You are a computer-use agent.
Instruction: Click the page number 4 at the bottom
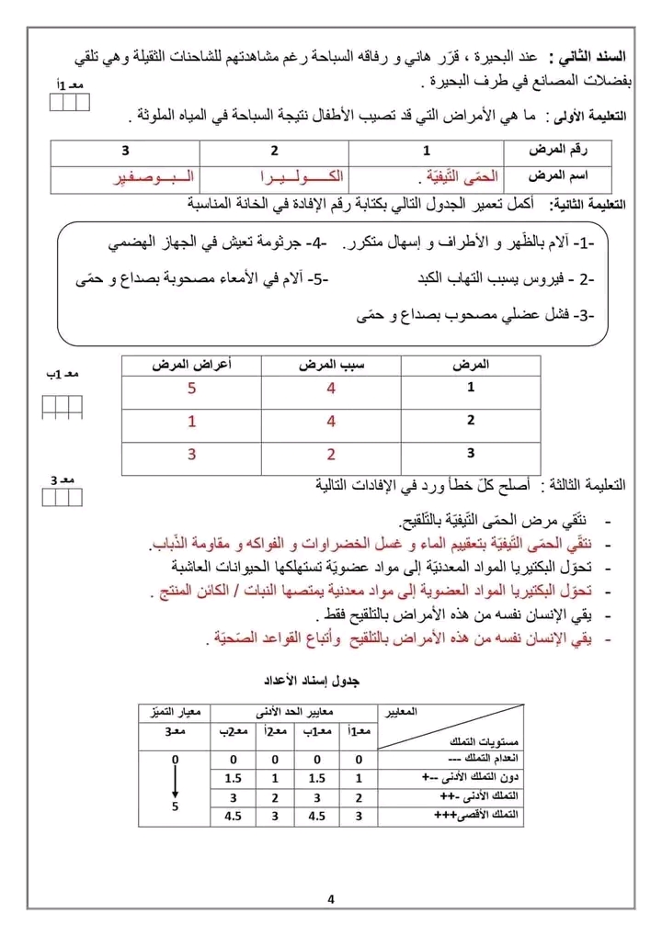pyautogui.click(x=330, y=898)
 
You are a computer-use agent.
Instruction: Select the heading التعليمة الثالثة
pyautogui.click(x=585, y=484)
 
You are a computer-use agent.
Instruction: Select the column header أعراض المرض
pyautogui.click(x=191, y=366)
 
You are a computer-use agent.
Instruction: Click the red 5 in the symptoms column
pyautogui.click(x=191, y=389)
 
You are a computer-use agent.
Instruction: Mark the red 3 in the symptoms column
pyautogui.click(x=191, y=454)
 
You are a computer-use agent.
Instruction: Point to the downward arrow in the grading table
pyautogui.click(x=176, y=782)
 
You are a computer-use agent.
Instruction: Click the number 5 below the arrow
pyautogui.click(x=176, y=806)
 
